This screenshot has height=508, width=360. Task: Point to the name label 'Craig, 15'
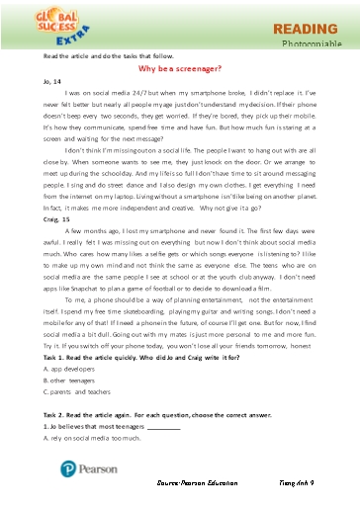[44, 244]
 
